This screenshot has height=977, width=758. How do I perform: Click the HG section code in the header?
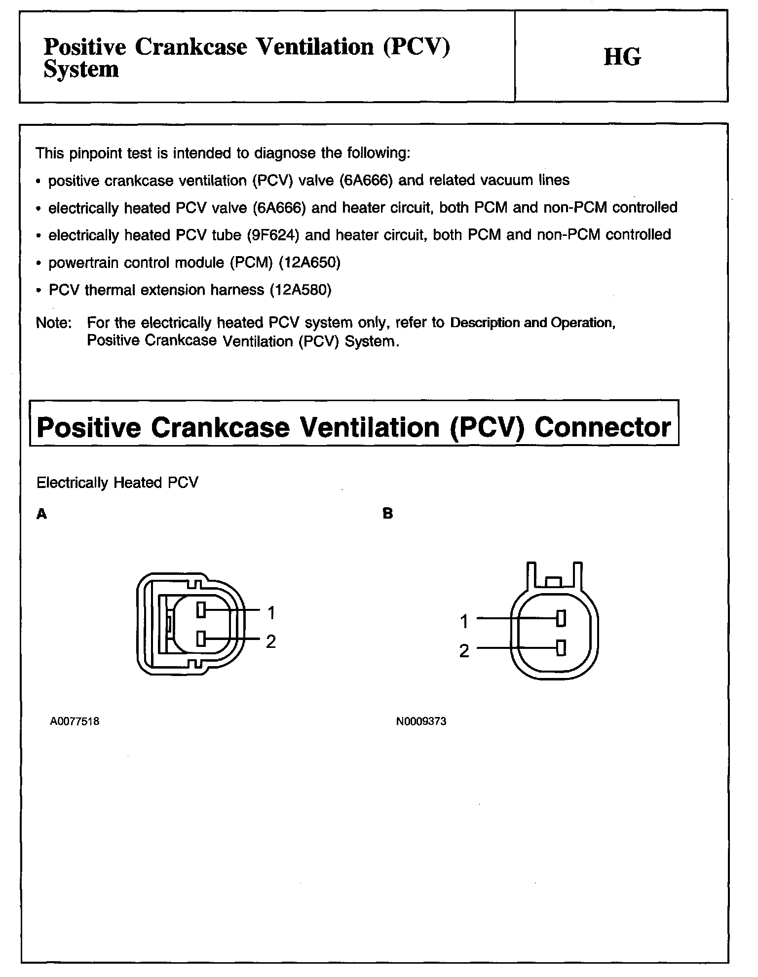point(622,57)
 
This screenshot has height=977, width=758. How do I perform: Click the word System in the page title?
point(81,69)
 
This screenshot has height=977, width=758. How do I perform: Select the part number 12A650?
point(309,263)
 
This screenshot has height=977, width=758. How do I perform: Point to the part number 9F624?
point(273,235)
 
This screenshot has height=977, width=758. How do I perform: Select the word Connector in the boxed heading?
point(603,427)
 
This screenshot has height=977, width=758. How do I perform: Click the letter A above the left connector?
point(42,514)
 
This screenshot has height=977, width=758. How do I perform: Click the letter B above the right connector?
point(388,514)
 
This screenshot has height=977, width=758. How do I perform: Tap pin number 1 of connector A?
point(271,613)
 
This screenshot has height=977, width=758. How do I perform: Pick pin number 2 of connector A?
point(271,641)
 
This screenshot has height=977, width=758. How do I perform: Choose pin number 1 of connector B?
point(464,622)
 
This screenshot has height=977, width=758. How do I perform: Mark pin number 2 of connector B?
point(464,651)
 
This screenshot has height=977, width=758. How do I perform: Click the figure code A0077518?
point(75,721)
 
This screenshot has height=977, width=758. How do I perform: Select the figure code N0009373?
point(421,721)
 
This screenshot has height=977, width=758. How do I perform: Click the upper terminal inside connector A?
point(200,610)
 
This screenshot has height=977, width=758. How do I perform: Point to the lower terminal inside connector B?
point(561,648)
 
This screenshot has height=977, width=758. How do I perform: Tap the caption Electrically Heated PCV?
point(117,483)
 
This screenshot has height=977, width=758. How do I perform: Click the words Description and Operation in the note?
point(532,323)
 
